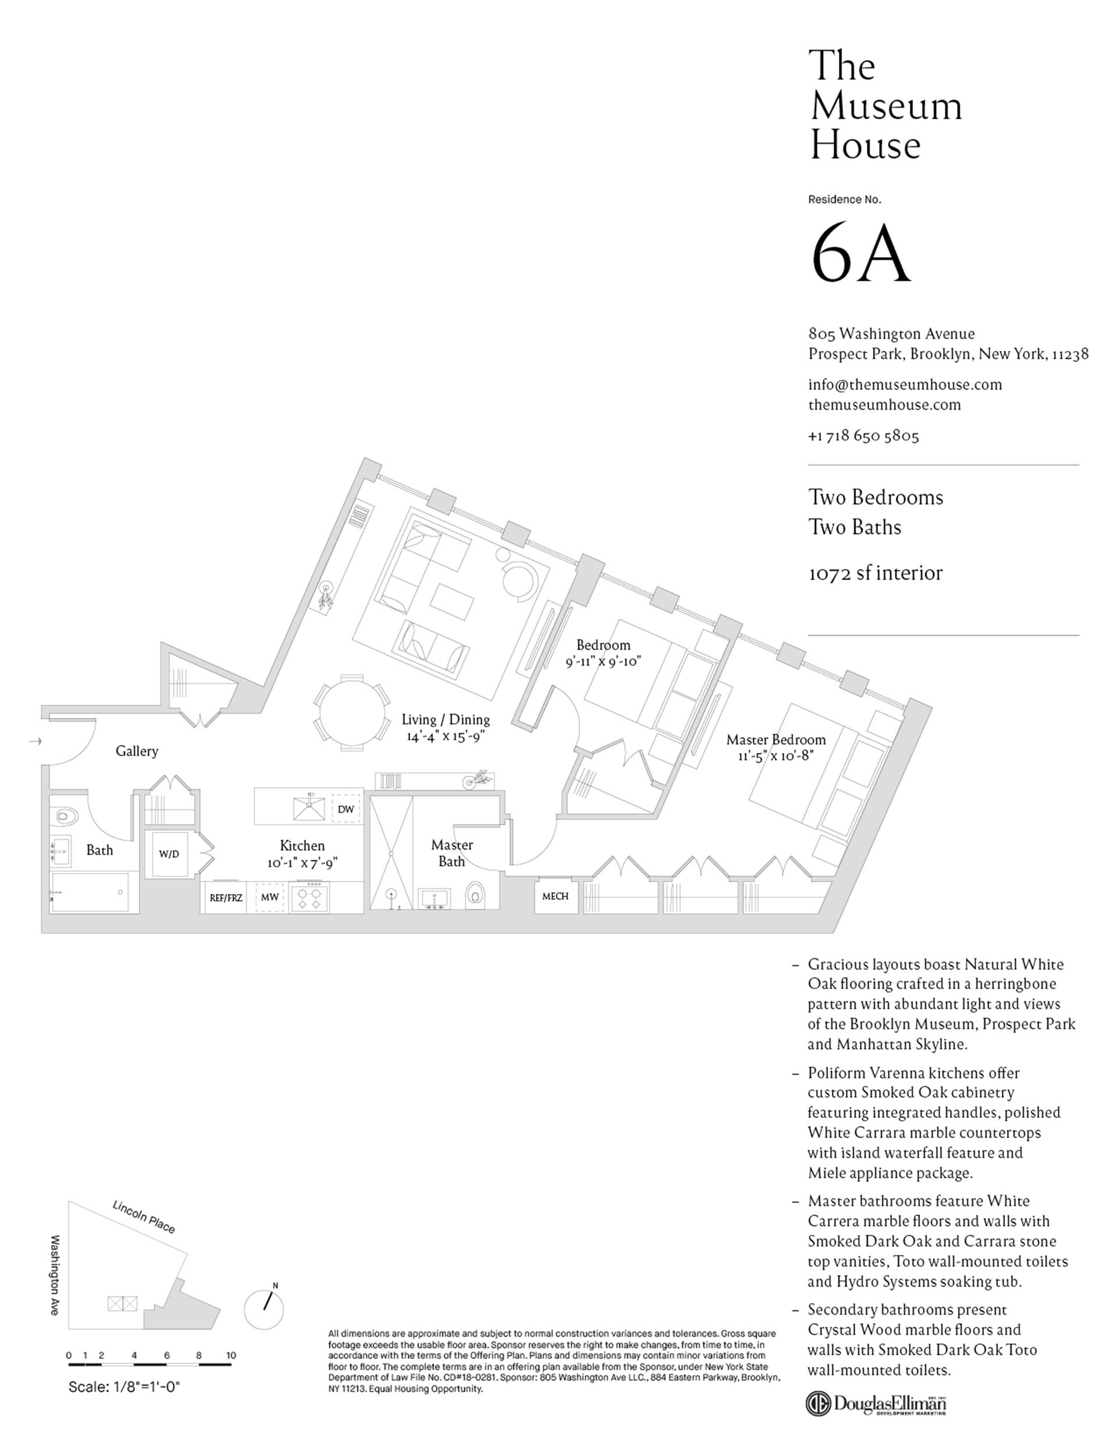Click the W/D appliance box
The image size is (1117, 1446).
169,854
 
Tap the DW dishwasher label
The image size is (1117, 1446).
346,809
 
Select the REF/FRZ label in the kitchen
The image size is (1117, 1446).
226,898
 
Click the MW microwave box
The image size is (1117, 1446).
269,897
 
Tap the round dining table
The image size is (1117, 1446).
351,712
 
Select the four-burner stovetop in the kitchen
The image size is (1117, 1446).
309,897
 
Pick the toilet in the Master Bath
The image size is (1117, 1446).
475,895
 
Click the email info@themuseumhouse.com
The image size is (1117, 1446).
905,385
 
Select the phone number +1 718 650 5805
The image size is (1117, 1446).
863,436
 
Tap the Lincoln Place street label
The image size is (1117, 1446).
144,1217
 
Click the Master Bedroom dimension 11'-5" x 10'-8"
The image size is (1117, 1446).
776,755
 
